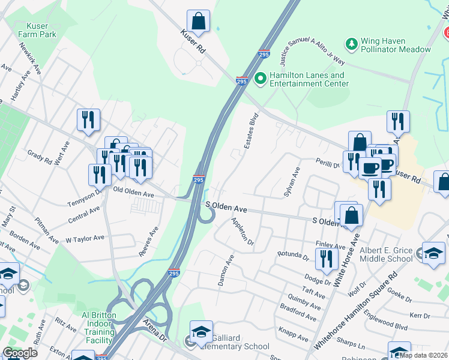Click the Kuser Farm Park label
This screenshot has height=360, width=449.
coord(41,30)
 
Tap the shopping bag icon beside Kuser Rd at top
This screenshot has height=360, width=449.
coord(198,22)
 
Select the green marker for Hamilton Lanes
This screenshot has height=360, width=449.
coord(261,79)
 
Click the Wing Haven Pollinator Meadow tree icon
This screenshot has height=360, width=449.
coord(351,44)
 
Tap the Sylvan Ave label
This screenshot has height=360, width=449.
coord(292,181)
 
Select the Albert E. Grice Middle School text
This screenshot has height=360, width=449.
coord(387,254)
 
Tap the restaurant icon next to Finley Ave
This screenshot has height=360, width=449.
coord(325,259)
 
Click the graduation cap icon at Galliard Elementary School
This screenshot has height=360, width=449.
coord(201,331)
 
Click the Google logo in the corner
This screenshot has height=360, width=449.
coord(20,353)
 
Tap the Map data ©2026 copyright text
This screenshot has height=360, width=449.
coord(423,355)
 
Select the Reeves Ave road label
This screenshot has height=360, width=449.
coord(148,242)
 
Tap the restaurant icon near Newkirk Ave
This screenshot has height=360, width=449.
coord(88,119)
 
